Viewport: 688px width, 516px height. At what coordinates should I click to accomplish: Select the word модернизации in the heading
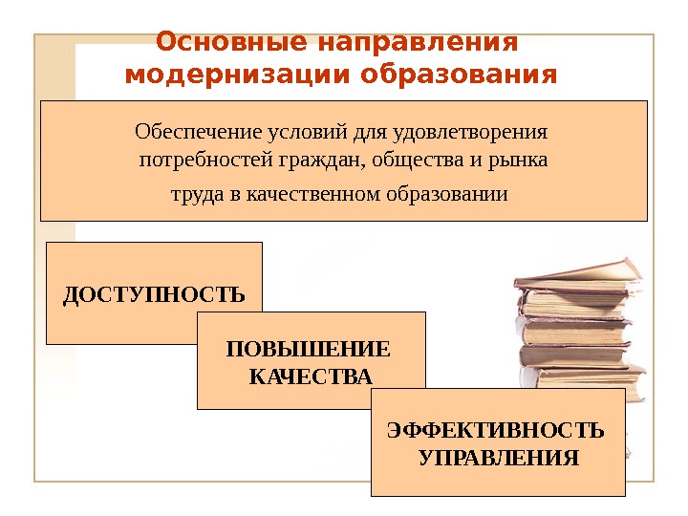(x=226, y=75)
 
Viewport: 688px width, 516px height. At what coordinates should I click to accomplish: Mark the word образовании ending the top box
(x=446, y=195)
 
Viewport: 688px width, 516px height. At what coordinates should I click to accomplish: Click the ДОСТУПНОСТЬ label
(x=154, y=293)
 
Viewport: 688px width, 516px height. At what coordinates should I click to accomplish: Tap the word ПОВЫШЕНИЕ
(x=310, y=349)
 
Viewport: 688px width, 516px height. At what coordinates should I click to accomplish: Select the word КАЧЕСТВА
(x=311, y=376)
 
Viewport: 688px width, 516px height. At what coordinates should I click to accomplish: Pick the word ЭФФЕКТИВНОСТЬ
(x=496, y=428)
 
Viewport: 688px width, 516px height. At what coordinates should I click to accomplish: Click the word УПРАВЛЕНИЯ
(x=498, y=457)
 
